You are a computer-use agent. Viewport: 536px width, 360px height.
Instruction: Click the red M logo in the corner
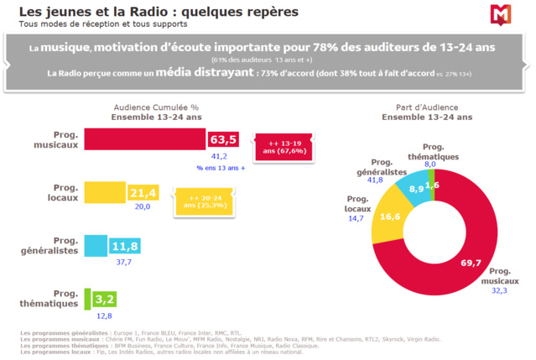pyautogui.click(x=503, y=15)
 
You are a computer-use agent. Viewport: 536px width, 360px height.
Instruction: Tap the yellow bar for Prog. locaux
pyautogui.click(x=105, y=193)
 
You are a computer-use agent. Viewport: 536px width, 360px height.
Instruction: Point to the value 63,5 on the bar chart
pyautogui.click(x=224, y=139)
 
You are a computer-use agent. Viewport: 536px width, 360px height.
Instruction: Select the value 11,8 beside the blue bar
pyautogui.click(x=124, y=246)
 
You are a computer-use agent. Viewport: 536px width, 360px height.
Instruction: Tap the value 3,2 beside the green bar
pyautogui.click(x=104, y=298)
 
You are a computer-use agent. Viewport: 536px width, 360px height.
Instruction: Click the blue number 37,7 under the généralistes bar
pyautogui.click(x=123, y=262)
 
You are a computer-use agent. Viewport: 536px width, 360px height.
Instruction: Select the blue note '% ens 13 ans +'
pyautogui.click(x=221, y=168)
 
